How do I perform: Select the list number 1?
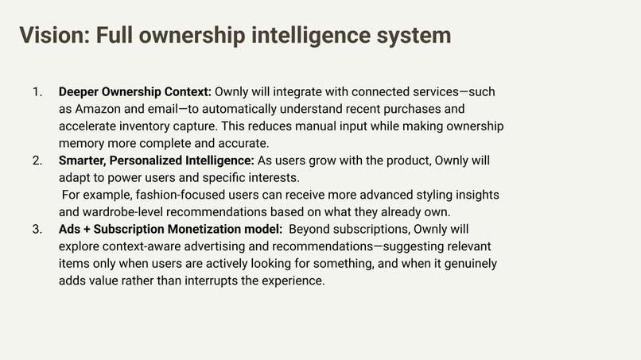click(x=37, y=92)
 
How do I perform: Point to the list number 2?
click(x=37, y=161)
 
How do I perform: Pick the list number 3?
click(x=37, y=230)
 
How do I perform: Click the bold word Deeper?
click(x=80, y=92)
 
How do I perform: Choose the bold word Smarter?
click(x=84, y=161)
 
